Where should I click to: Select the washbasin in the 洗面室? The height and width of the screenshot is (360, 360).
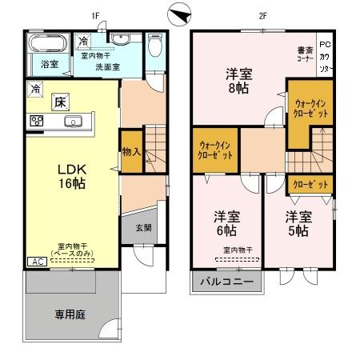[122, 41]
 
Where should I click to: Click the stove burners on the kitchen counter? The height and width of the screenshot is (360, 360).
[36, 122]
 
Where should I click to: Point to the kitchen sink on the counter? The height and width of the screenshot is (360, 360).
[73, 122]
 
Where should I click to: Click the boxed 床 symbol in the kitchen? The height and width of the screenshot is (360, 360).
[60, 102]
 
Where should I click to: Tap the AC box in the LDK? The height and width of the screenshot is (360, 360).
[37, 262]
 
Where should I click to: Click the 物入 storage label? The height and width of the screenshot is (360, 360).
[131, 152]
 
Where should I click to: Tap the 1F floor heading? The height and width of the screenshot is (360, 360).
[94, 15]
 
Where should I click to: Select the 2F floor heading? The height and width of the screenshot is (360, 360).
[261, 15]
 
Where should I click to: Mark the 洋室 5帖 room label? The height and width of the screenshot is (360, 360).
[298, 223]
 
